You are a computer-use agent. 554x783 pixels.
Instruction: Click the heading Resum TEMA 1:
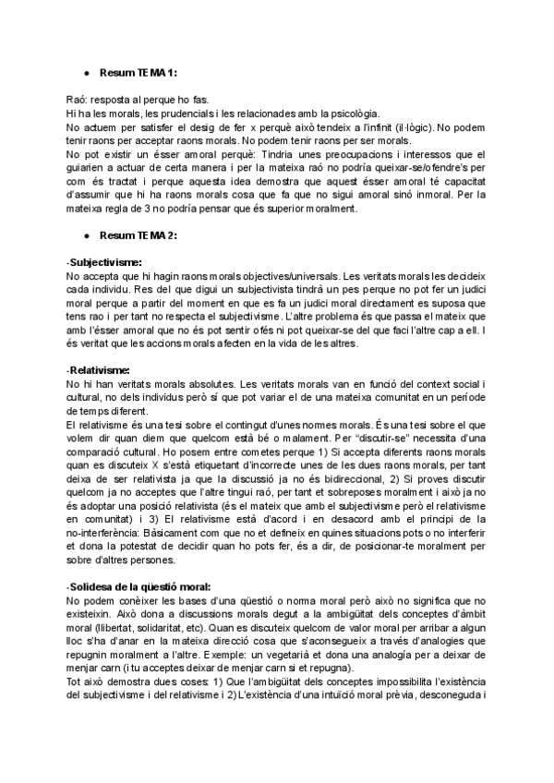(139, 72)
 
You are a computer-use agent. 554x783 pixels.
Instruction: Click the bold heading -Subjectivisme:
(103, 263)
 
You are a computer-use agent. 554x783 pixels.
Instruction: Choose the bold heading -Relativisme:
(98, 370)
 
